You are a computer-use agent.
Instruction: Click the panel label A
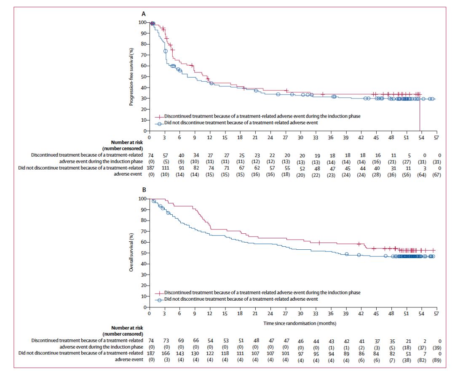(144, 13)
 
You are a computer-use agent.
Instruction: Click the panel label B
(144, 190)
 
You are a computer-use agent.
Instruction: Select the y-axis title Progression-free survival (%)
(131, 76)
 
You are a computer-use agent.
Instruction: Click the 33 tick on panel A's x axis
(316, 137)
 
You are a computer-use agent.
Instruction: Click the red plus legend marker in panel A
(159, 116)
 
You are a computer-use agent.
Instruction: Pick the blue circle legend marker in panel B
(159, 299)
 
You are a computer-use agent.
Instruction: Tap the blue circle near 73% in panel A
(166, 51)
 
